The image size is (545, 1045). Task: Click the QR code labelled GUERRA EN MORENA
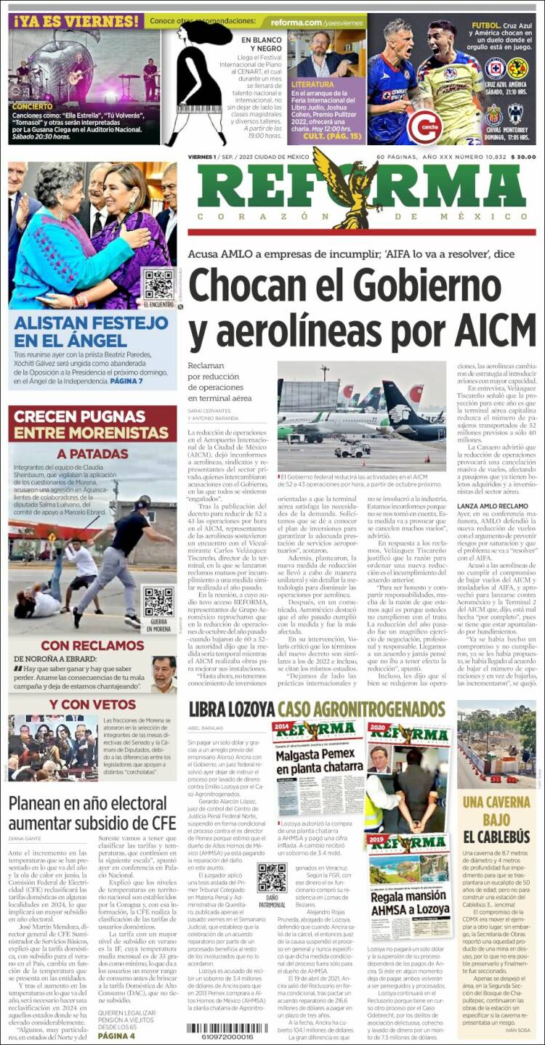pos(158,602)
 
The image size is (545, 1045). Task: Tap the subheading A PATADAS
pos(92,454)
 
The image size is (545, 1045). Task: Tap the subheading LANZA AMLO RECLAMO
pos(493,505)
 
